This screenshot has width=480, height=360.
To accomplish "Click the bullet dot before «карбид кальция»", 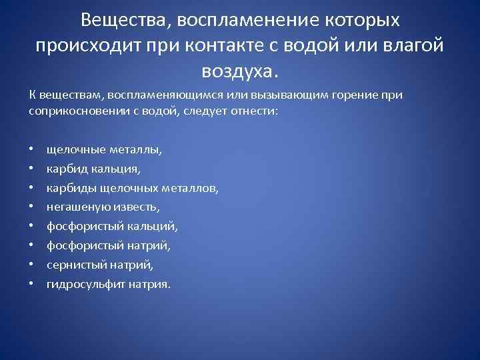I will click(x=32, y=169).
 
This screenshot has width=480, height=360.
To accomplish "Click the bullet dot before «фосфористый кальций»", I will click(x=32, y=227).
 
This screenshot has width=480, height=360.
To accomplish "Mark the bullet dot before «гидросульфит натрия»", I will click(x=32, y=284).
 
